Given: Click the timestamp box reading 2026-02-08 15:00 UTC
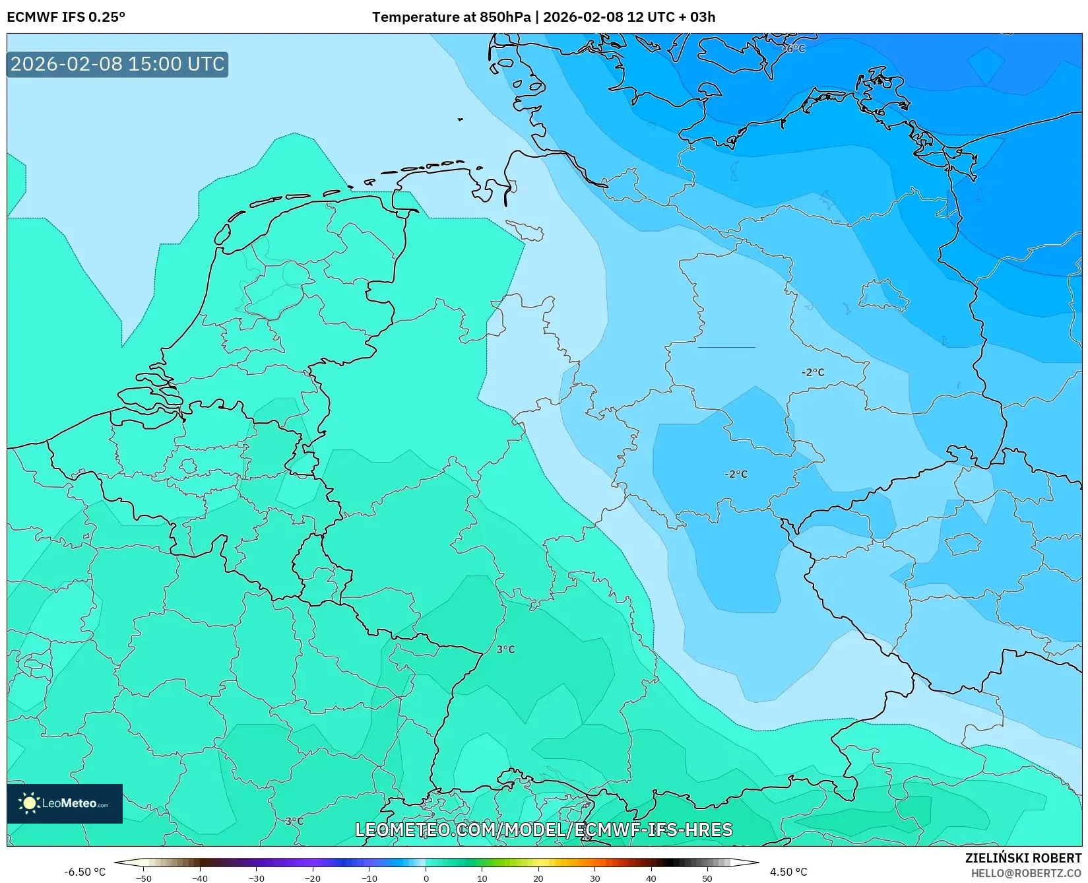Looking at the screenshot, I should (117, 64).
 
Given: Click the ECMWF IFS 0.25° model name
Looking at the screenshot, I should (66, 17).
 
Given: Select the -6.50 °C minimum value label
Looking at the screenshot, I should (84, 872).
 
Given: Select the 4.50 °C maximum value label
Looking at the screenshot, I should (788, 872).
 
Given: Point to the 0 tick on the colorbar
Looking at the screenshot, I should (426, 878).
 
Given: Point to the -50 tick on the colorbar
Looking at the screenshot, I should (143, 878).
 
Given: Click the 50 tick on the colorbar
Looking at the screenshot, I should (707, 878).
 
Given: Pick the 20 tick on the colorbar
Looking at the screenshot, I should (538, 878).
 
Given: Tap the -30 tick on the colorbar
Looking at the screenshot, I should (256, 878).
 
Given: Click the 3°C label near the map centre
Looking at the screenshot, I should (505, 649).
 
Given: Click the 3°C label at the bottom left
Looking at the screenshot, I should (294, 821).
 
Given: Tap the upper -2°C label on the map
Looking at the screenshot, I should (813, 372).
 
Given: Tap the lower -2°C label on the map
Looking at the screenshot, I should (736, 474).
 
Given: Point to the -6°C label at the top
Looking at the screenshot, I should (794, 49).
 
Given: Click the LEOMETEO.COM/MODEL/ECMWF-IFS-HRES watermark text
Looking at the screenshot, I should (544, 830).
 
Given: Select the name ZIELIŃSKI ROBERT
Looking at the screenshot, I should (1023, 858).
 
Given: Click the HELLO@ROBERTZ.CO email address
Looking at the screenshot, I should (1026, 873).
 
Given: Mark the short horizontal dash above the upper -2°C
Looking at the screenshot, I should (726, 347).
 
